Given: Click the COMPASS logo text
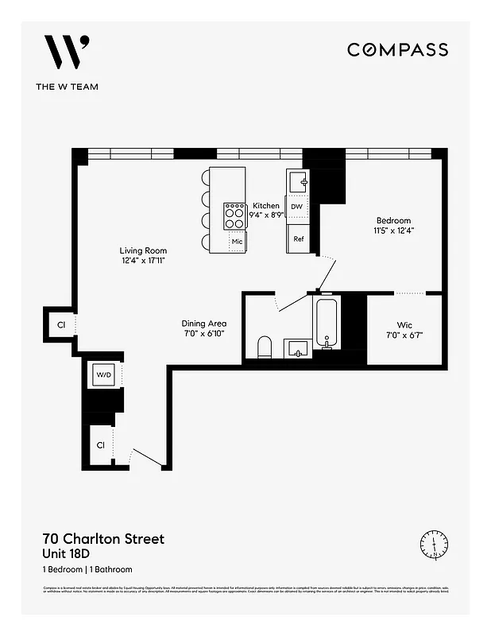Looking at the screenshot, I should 397,49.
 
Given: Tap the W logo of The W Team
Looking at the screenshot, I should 66,53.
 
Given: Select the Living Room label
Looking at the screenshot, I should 144,250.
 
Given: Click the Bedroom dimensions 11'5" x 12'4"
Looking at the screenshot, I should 394,231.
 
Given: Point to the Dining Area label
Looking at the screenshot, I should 204,324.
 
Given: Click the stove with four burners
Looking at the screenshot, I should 235,215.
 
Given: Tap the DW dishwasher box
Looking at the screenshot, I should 297,207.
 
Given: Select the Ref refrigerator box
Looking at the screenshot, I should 299,238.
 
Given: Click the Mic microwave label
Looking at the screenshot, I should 237,242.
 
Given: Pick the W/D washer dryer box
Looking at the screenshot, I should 104,374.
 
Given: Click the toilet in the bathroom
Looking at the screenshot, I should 265,347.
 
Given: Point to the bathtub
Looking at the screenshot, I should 327,324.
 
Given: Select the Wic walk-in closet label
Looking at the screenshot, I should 404,324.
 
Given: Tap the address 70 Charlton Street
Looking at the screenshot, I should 102,539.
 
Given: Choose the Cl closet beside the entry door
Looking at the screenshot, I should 101,447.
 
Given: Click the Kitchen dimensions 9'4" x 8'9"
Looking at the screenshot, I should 266,215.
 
